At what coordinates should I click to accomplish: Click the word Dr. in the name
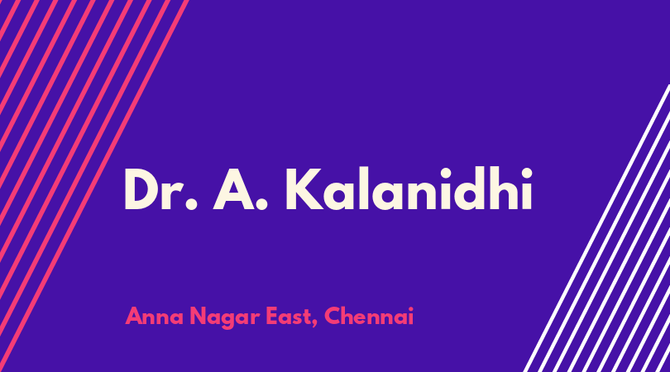(x=160, y=188)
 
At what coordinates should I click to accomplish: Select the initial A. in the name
(x=241, y=188)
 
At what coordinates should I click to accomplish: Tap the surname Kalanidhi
(x=409, y=188)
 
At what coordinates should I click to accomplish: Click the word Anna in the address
(x=155, y=317)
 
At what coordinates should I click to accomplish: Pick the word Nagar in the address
(x=225, y=317)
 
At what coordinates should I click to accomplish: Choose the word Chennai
(x=369, y=316)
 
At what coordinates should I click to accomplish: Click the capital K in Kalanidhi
(x=304, y=189)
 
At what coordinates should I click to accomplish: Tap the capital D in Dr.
(x=142, y=189)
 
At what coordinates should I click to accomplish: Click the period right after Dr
(x=192, y=204)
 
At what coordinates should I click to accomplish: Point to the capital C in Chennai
(x=333, y=316)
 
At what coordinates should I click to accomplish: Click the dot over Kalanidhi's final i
(x=527, y=173)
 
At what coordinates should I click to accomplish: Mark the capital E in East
(x=272, y=316)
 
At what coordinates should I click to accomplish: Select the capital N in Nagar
(x=198, y=316)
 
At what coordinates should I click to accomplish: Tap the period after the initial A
(x=262, y=204)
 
